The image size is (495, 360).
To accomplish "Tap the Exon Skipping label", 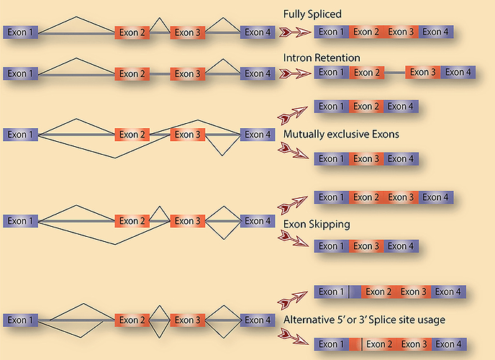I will click(317, 224).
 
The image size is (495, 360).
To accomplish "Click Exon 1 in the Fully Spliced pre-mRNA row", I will click(22, 32).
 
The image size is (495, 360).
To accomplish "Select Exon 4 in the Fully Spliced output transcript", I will click(436, 32).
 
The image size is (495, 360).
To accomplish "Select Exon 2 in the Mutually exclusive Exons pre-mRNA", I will click(133, 135).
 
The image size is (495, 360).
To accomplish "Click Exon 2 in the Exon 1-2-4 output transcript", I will click(366, 107).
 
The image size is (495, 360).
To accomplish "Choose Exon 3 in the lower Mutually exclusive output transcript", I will click(366, 158).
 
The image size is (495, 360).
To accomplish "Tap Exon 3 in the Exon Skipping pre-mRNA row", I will click(188, 221).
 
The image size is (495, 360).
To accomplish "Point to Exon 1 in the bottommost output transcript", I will click(332, 344).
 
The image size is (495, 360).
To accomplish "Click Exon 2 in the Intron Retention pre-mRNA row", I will click(133, 73).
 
